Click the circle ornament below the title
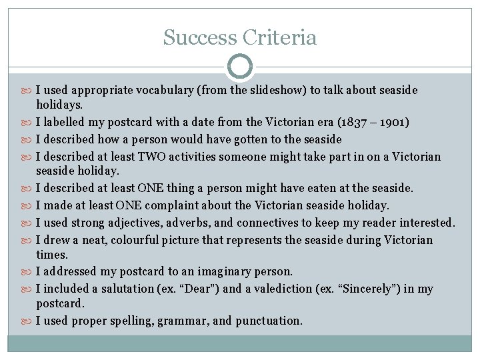pyautogui.click(x=240, y=67)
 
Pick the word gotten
pyautogui.click(x=231, y=139)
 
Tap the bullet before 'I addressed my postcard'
pyautogui.click(x=29, y=272)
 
